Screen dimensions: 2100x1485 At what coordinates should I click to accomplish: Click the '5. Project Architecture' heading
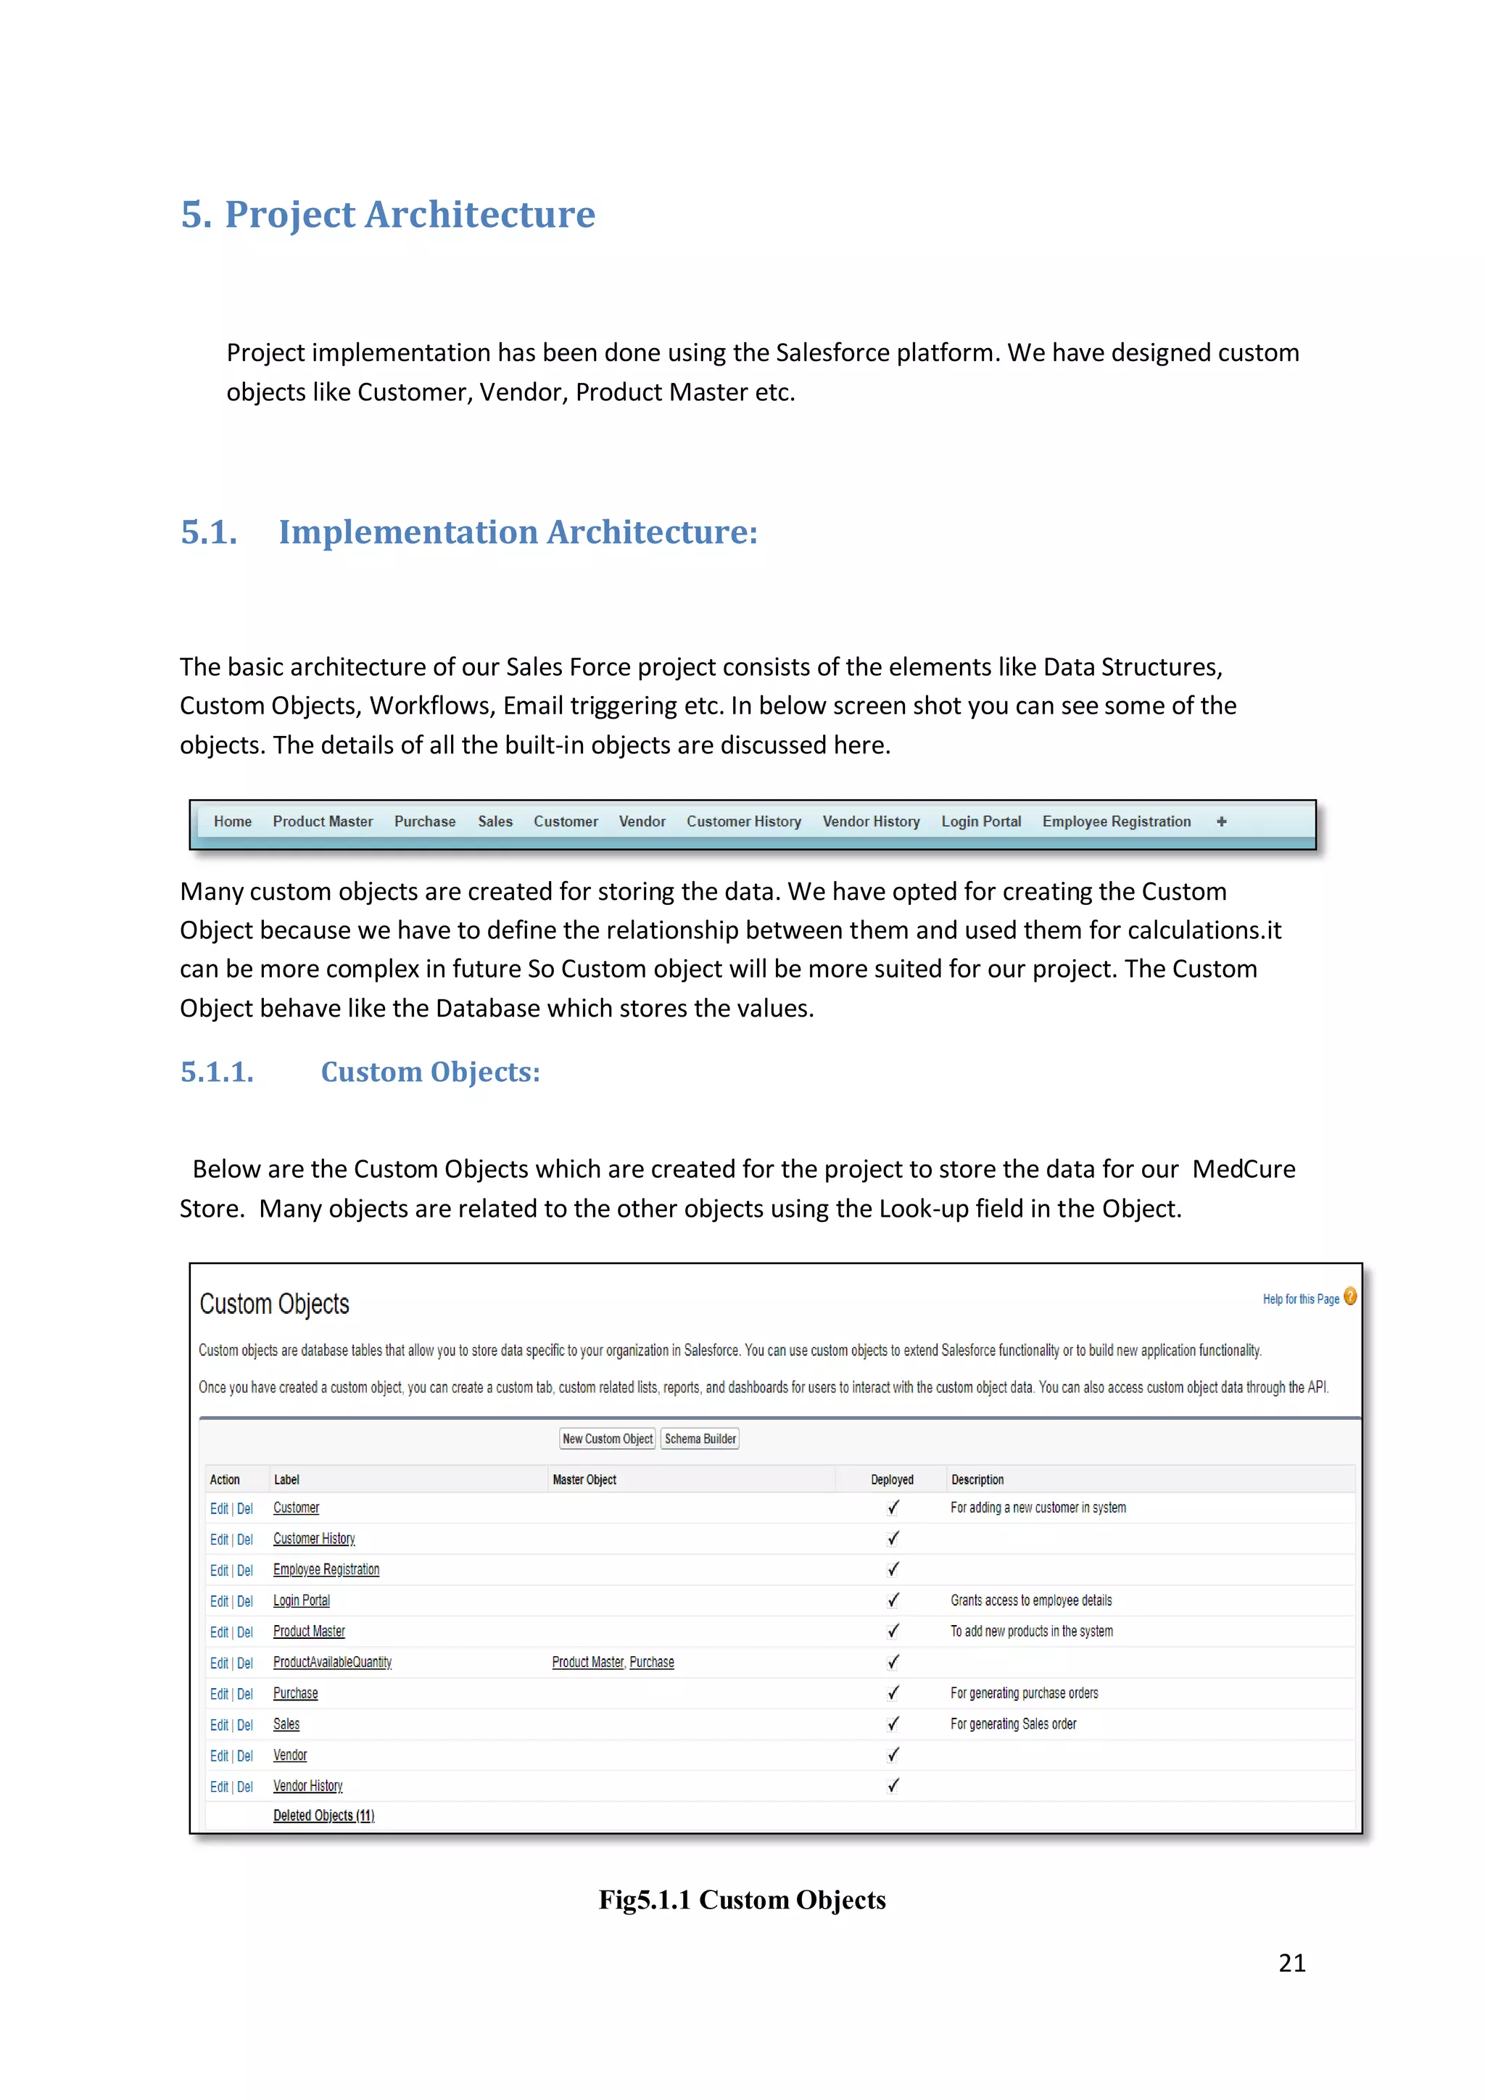[x=388, y=214]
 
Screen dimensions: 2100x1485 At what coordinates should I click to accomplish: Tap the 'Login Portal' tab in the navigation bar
[x=980, y=822]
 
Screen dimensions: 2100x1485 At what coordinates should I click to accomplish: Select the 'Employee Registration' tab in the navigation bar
[x=1116, y=822]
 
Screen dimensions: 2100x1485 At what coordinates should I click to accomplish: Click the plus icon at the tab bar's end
[x=1221, y=822]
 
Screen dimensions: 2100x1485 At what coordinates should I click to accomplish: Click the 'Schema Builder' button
[x=700, y=1439]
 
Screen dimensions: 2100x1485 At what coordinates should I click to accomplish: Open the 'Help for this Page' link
[x=1299, y=1299]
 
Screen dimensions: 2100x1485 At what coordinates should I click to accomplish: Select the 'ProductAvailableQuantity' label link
[x=332, y=1662]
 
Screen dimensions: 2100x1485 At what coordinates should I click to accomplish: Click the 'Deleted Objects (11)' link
[x=323, y=1816]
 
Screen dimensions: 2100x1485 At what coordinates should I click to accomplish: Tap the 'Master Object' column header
[x=584, y=1479]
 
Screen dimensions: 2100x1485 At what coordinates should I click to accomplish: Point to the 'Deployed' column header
[x=892, y=1479]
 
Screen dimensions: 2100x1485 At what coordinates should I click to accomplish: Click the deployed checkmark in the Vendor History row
[x=893, y=1785]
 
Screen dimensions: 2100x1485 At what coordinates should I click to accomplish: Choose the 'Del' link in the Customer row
[x=245, y=1508]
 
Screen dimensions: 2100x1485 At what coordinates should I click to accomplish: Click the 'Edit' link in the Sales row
[x=218, y=1725]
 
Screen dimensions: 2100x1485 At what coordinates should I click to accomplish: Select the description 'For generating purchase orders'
[x=1023, y=1693]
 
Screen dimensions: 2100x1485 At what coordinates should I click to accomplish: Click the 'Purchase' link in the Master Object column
[x=651, y=1662]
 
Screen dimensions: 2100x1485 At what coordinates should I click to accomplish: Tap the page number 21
[x=1291, y=1963]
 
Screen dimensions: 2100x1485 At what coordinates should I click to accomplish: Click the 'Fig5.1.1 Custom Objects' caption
[x=742, y=1900]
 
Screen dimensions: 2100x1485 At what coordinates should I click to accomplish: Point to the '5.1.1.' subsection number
[x=217, y=1072]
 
